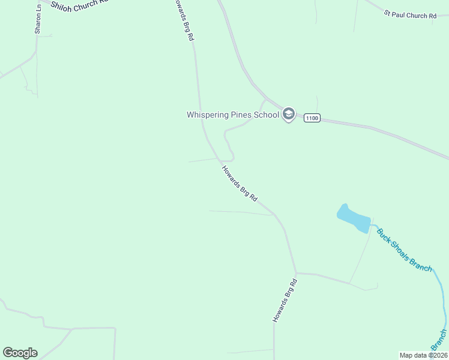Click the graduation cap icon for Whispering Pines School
(289, 114)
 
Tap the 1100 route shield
(311, 118)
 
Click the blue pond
(354, 219)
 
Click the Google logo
(20, 352)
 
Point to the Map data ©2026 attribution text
(423, 355)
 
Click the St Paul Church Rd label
(411, 14)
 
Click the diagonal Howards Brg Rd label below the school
(240, 182)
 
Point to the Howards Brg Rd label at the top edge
(183, 20)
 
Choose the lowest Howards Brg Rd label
(285, 300)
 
